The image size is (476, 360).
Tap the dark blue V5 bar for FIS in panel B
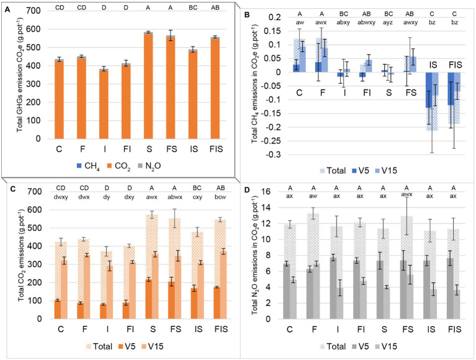coord(441,88)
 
